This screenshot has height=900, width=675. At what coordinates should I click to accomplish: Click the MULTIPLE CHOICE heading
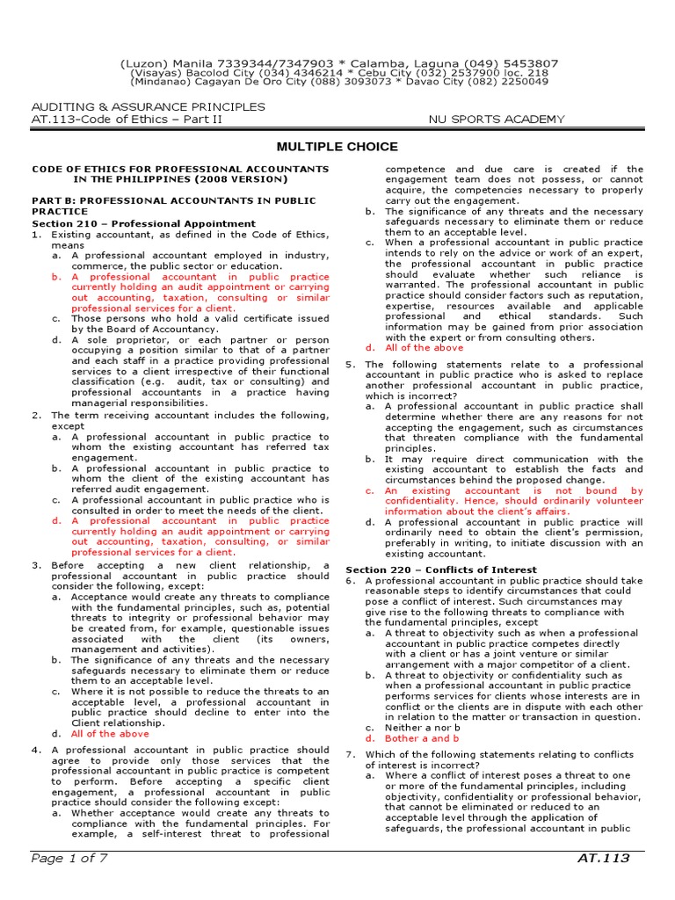(337, 147)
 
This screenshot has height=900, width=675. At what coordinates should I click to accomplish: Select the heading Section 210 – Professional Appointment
(143, 223)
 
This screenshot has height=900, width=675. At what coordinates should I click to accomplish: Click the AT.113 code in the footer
(604, 858)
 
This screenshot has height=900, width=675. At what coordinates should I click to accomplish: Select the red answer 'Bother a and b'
(422, 738)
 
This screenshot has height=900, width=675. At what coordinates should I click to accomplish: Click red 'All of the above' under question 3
(110, 733)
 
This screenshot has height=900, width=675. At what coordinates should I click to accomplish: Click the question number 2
(35, 415)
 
